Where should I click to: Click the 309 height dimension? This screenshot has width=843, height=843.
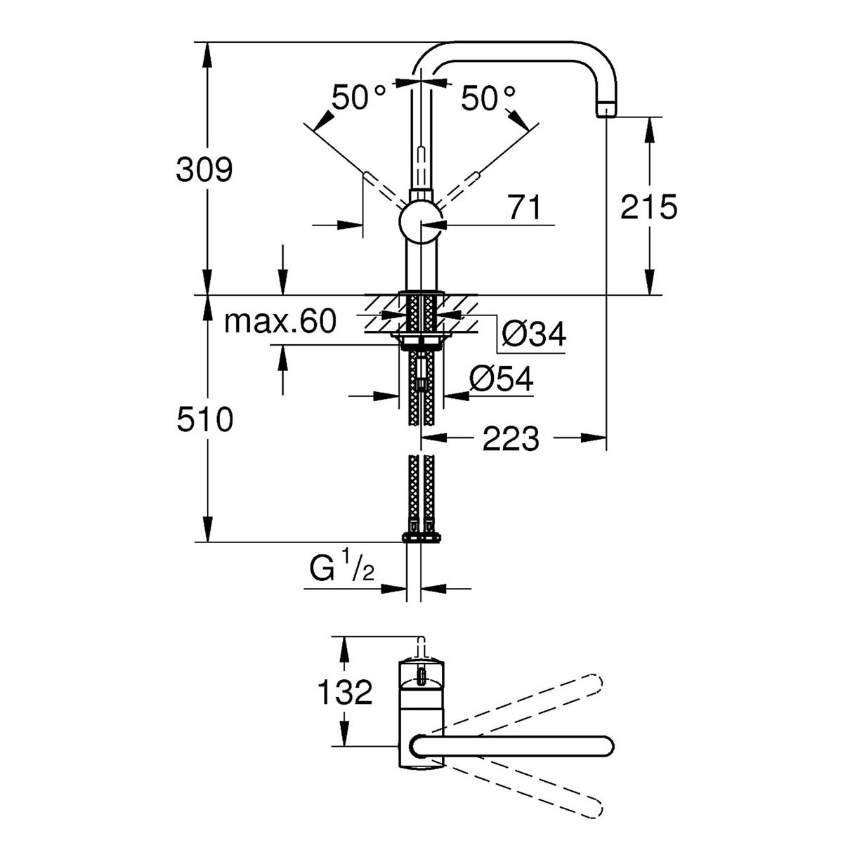204,170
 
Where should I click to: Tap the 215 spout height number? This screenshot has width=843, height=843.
648,207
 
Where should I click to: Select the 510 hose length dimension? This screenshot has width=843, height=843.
204,420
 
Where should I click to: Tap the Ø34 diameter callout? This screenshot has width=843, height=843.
535,335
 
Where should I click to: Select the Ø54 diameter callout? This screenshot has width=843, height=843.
502,380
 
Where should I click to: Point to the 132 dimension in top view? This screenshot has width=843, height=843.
345,693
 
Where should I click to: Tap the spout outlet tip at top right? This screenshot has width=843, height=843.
606,110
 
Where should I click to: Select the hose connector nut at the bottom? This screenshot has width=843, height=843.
421,537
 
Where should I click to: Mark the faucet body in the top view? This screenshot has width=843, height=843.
421,710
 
